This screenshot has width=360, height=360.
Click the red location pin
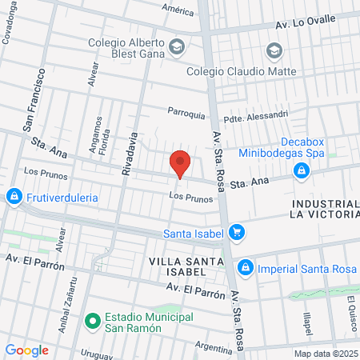tap(180, 164)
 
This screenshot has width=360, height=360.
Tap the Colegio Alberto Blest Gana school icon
tap(177, 47)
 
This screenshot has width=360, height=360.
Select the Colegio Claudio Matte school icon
tap(275, 53)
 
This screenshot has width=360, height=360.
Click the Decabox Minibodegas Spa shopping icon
tap(302, 170)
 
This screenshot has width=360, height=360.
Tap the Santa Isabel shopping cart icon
tap(236, 233)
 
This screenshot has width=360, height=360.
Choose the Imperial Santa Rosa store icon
tap(246, 267)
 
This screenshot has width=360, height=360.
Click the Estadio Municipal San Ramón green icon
tap(92, 322)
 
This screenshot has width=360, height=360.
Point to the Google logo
tap(26, 350)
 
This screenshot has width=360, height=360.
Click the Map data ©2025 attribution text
tap(326, 354)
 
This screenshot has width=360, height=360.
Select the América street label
tap(178, 10)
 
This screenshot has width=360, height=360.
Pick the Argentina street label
tap(213, 348)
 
